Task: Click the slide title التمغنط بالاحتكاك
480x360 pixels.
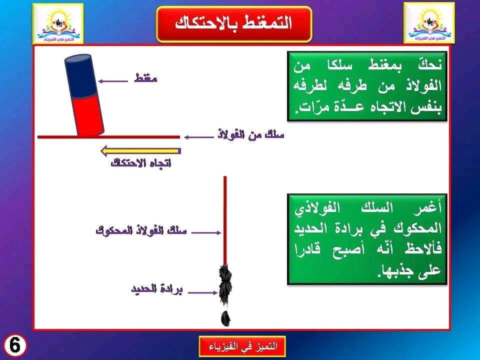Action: coord(234,24)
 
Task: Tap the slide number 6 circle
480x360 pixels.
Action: coord(14,345)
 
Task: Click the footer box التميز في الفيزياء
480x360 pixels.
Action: coord(242,346)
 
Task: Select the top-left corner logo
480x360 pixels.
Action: coord(58,23)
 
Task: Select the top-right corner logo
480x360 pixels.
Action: coord(429,23)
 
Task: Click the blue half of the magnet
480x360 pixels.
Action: coord(81,76)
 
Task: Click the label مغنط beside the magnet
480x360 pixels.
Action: coord(145,78)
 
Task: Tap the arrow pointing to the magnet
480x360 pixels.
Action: coord(113,81)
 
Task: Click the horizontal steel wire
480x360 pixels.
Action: coord(108,137)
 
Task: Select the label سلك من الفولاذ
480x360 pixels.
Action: coord(250,134)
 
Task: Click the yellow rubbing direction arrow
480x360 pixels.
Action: coord(141,151)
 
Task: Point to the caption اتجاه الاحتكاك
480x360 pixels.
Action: coord(141,163)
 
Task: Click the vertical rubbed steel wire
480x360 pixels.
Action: coord(225,220)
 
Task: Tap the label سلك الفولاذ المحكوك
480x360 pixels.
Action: coord(141,230)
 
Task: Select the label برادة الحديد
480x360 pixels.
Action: coord(156,289)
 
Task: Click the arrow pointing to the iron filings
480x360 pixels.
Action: coord(202,292)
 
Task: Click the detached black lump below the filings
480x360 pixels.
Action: coord(226,318)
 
